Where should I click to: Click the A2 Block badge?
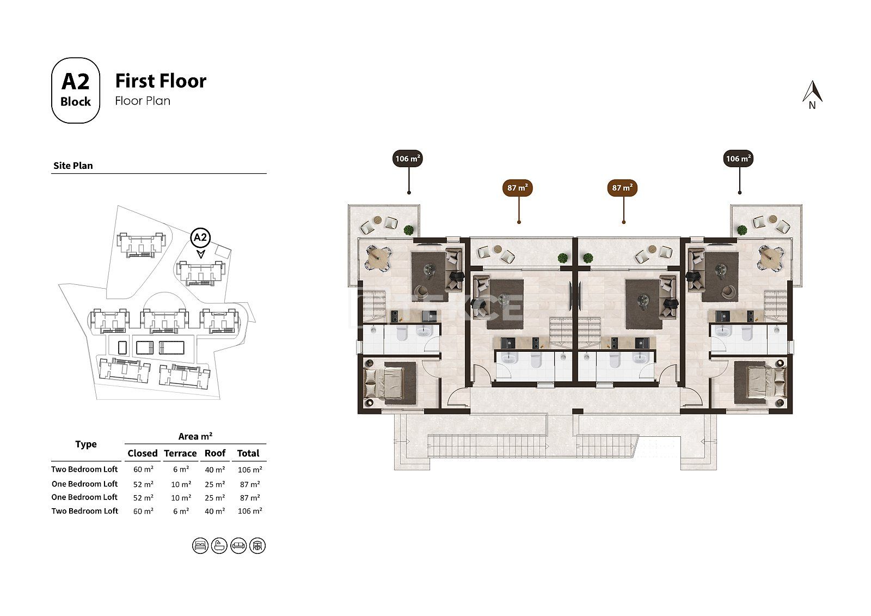click(76, 90)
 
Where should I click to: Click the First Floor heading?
click(161, 81)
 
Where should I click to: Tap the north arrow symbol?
click(812, 95)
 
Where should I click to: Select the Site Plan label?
click(73, 166)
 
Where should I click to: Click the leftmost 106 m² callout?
click(408, 158)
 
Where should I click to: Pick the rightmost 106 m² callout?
click(738, 158)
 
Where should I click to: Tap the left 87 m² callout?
click(518, 188)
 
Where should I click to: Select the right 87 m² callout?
click(622, 188)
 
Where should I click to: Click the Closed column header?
click(143, 453)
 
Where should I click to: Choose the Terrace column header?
click(180, 453)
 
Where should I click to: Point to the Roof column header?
click(215, 453)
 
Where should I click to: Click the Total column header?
click(248, 453)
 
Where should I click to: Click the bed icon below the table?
click(200, 546)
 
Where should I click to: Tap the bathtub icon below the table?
click(219, 546)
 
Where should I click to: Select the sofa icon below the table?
click(238, 546)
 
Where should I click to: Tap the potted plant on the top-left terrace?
click(409, 230)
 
